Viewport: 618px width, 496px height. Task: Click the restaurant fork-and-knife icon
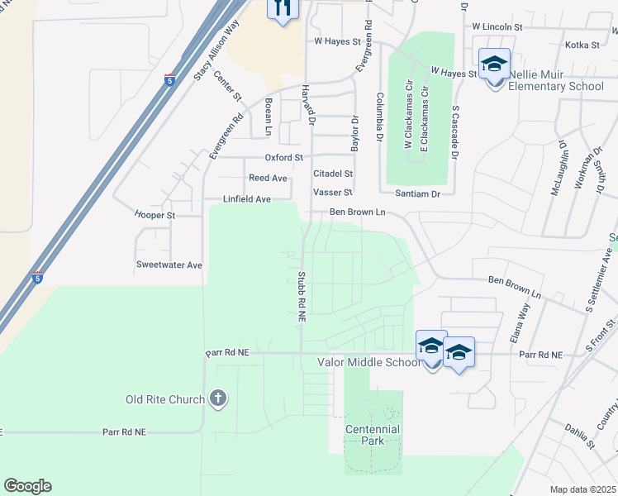point(283,8)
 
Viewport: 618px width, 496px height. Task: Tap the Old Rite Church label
point(165,400)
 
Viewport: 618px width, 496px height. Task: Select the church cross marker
point(218,399)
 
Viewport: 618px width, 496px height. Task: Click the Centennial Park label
point(373,435)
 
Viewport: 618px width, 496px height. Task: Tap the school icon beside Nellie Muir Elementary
point(494,64)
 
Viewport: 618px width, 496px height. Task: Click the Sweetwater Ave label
point(169,265)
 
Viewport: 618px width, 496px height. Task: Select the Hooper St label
point(155,215)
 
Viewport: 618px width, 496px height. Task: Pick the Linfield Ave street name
point(247,199)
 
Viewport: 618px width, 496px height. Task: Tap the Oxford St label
point(284,157)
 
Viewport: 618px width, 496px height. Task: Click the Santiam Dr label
point(419,193)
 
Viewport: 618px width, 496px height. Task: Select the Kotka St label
point(582,45)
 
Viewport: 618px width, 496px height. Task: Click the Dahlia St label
point(580,436)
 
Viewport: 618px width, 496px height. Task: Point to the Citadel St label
point(333,174)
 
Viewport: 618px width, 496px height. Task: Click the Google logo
point(27,486)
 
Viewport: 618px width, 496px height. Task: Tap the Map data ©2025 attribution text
point(582,489)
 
